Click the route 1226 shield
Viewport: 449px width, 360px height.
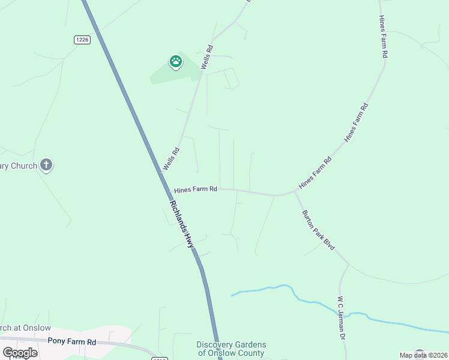[x=82, y=40]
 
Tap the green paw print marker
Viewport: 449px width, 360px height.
[x=175, y=61]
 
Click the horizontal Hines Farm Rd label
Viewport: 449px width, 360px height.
[x=196, y=190]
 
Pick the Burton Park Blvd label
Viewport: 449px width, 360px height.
[x=318, y=230]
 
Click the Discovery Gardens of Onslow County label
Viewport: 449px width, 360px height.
[x=231, y=349]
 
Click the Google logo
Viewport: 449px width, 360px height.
[x=20, y=352]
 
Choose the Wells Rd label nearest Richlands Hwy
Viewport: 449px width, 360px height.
[x=171, y=159]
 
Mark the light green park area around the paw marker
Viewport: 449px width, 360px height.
[x=162, y=74]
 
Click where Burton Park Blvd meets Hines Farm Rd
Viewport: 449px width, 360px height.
[x=295, y=191]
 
